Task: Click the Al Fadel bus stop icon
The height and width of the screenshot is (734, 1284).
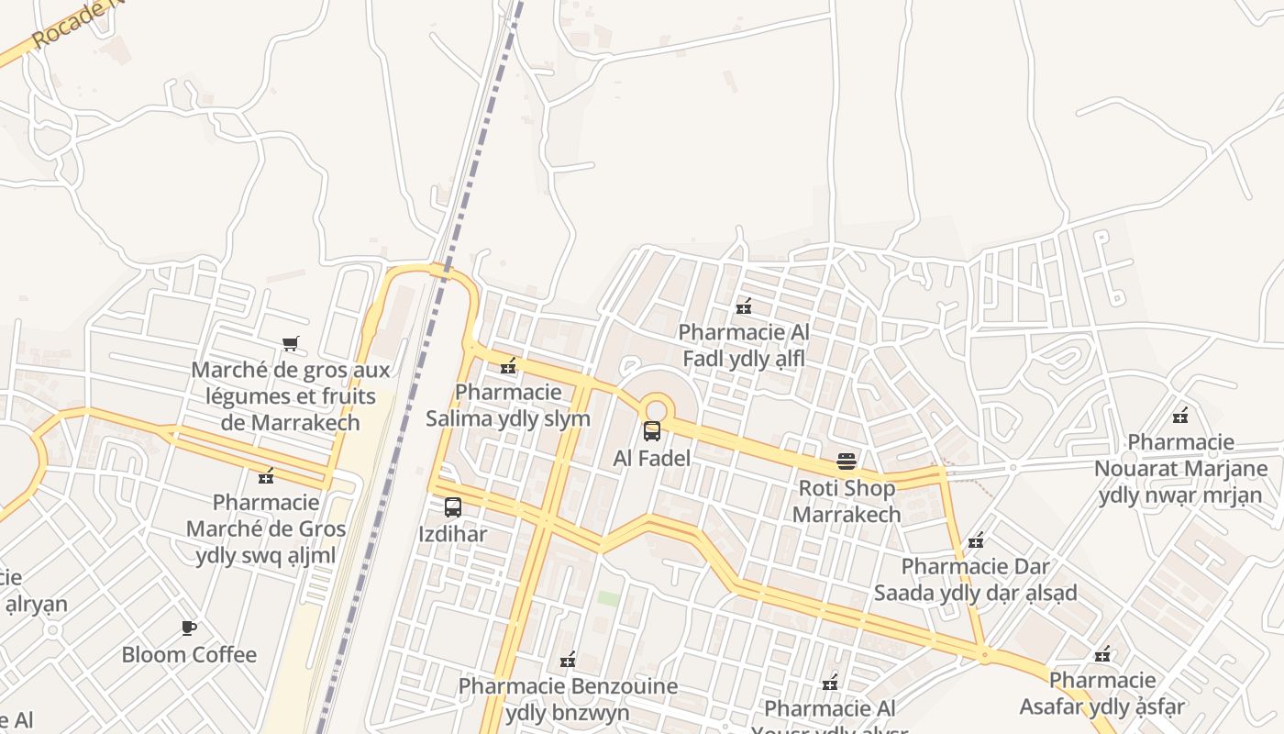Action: click(652, 430)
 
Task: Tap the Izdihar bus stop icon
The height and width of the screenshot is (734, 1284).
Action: click(453, 506)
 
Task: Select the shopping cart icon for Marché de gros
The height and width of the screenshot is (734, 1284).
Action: click(291, 344)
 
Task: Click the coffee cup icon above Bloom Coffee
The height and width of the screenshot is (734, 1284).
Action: click(189, 628)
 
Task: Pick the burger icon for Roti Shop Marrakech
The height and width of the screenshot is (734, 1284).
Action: click(847, 461)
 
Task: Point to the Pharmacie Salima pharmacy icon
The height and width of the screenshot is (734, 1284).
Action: click(508, 366)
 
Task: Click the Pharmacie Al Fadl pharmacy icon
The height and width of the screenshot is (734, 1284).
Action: click(744, 306)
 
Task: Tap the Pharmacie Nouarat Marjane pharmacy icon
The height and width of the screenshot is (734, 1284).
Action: click(1180, 416)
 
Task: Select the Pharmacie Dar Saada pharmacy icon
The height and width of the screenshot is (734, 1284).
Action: click(976, 540)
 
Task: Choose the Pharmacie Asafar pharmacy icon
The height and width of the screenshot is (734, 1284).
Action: click(1102, 654)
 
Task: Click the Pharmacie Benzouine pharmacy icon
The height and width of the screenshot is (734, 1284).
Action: click(568, 660)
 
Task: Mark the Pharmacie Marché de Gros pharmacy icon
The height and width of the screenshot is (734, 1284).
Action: click(266, 476)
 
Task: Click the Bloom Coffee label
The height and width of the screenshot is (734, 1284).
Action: click(189, 655)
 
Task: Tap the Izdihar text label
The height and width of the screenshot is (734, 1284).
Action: click(453, 534)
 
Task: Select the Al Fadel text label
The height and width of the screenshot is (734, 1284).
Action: click(652, 458)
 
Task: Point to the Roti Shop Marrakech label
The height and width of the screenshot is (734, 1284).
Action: click(847, 501)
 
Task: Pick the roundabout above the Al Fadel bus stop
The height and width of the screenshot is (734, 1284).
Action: click(656, 409)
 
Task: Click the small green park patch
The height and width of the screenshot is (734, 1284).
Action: click(608, 598)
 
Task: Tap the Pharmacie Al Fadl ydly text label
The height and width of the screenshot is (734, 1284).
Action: click(744, 345)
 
